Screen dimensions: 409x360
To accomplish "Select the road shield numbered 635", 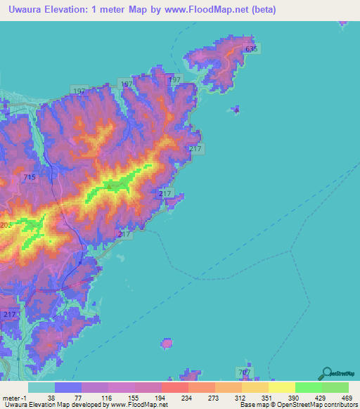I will [x=252, y=48].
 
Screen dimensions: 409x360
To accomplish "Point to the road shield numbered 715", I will [x=30, y=178].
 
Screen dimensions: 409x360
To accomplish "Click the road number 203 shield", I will [x=6, y=224].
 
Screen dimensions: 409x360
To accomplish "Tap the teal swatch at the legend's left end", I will [x=41, y=387].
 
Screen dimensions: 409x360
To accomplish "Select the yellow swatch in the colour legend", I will [x=282, y=387].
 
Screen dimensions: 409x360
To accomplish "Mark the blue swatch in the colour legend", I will [x=68, y=387].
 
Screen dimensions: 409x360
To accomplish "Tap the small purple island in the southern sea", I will [x=167, y=343].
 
